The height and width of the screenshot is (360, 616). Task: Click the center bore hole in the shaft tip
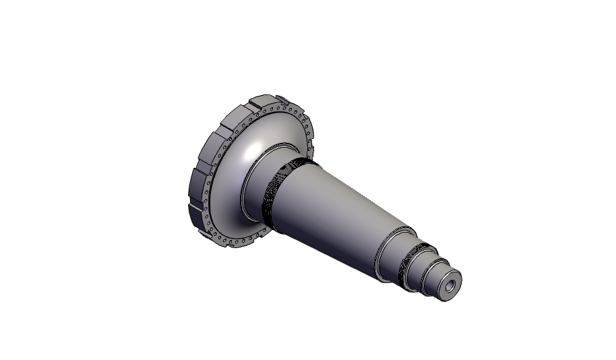click(450, 287)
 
